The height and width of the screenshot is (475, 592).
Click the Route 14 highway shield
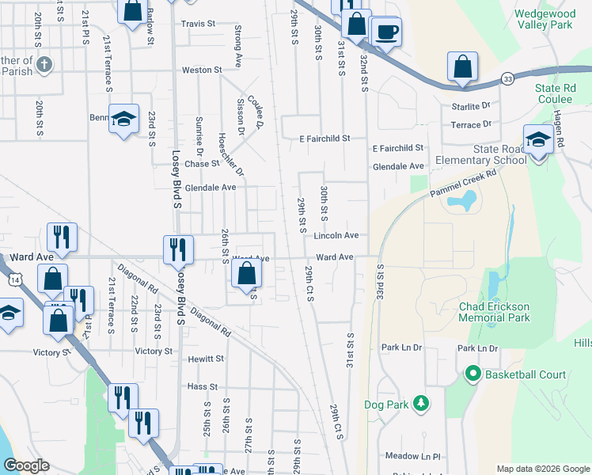point(14,279)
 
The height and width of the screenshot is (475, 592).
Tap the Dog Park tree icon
point(421,405)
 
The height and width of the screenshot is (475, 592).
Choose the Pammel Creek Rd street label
point(462,184)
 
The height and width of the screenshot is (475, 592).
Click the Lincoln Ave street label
point(336,236)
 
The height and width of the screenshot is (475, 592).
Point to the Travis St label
point(198,24)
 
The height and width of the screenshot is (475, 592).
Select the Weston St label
point(202,70)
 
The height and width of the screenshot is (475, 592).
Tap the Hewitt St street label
point(206,359)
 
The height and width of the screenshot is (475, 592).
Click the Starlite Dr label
point(471,104)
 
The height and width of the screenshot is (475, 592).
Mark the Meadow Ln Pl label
point(412,456)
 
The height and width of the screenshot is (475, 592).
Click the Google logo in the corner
point(26,465)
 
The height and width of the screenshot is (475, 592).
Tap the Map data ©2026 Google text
point(542,469)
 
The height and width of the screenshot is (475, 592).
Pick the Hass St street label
point(203,386)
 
